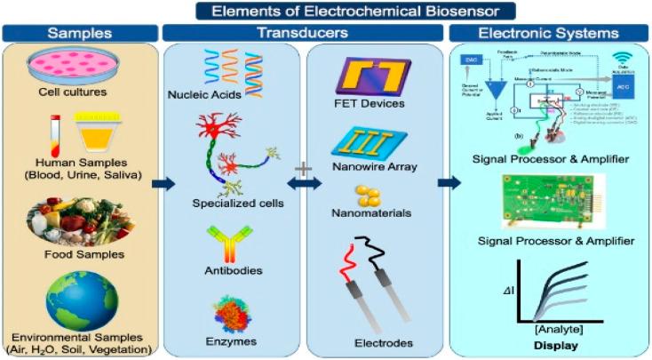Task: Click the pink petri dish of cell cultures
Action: [x=81, y=63]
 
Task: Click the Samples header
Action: [x=80, y=33]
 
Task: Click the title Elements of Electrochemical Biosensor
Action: [x=325, y=11]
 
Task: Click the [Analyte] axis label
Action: [x=559, y=329]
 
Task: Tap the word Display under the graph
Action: [x=557, y=344]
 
